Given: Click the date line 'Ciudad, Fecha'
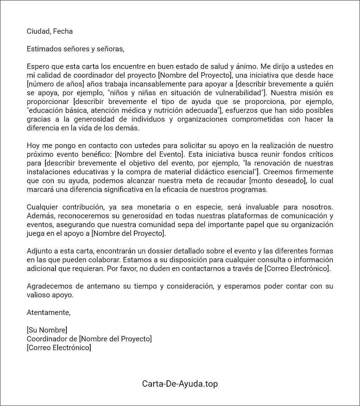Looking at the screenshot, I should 50,31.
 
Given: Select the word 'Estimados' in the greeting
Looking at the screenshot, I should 42,49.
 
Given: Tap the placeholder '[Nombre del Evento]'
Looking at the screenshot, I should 149,154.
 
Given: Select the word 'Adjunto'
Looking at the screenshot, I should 39,251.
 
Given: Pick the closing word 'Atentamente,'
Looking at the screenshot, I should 49,312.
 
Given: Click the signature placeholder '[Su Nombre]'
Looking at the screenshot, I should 47,330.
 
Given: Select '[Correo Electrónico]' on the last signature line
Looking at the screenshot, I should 59,348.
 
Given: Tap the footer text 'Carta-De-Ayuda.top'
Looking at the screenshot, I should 180,384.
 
